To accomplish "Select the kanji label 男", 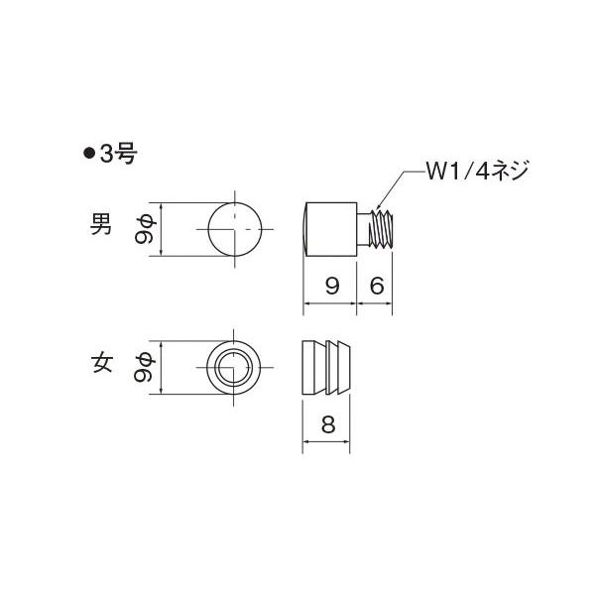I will tap(100, 226).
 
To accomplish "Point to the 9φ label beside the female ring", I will tap(145, 368).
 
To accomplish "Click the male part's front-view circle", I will tap(235, 230).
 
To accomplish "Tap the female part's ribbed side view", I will tap(329, 367).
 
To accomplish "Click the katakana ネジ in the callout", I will tap(510, 172).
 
